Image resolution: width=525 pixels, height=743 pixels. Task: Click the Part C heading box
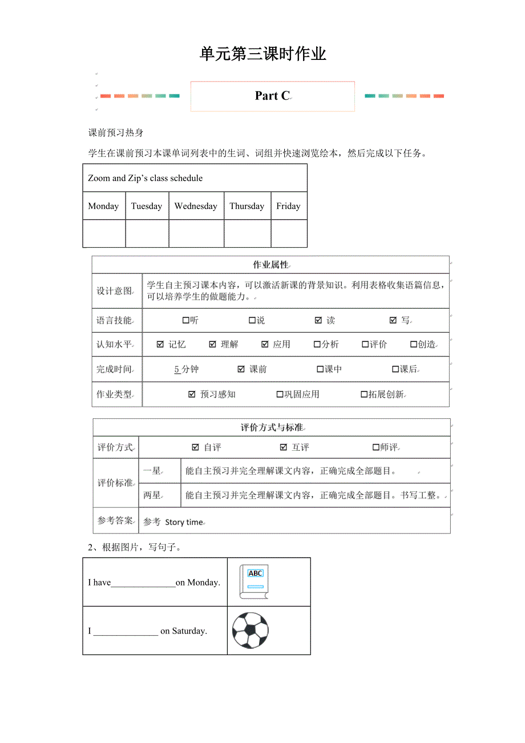(x=272, y=96)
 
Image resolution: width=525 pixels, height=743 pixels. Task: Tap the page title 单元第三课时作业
(x=262, y=54)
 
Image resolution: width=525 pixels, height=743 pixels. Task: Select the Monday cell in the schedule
(x=104, y=206)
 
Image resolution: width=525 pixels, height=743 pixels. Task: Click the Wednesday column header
(x=196, y=206)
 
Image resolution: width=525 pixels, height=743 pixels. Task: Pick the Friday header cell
(x=288, y=206)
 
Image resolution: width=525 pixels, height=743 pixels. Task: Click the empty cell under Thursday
(x=247, y=233)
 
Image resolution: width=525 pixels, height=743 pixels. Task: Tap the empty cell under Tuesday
(x=147, y=233)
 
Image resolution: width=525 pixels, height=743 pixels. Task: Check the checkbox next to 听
(x=186, y=321)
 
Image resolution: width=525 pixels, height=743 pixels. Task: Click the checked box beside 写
(x=393, y=321)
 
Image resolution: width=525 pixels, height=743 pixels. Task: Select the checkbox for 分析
(x=317, y=345)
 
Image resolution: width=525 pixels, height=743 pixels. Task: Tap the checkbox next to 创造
(x=414, y=345)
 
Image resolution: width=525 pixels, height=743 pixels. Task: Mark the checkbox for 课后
(x=395, y=370)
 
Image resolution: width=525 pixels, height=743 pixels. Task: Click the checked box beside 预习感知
(x=192, y=394)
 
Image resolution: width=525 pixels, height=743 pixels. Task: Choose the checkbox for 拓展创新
(x=364, y=394)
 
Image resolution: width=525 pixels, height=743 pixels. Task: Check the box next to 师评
(x=376, y=447)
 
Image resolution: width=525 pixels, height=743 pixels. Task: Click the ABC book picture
(x=254, y=582)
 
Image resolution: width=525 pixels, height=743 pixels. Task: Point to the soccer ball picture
(x=250, y=630)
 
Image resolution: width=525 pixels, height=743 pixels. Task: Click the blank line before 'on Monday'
(x=143, y=583)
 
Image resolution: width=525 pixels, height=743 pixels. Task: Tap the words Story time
(x=184, y=522)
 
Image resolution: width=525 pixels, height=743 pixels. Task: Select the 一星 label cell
(x=152, y=471)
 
